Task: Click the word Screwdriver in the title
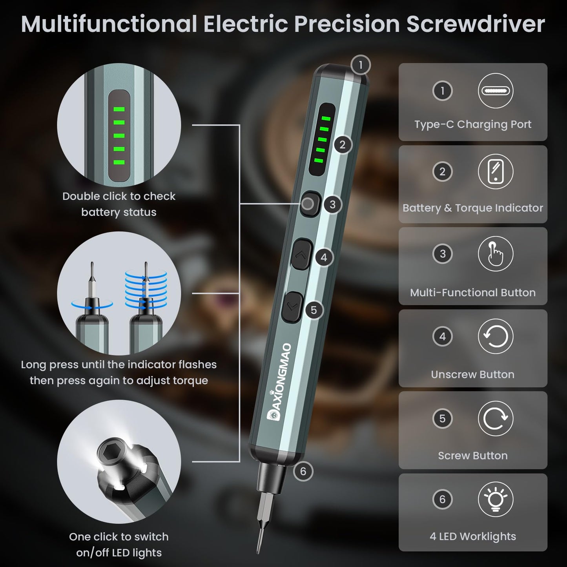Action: coord(475,24)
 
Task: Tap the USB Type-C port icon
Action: coord(495,91)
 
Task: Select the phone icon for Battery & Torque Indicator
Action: coord(495,172)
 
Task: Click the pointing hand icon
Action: coord(495,254)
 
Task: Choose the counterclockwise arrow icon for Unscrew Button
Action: coord(495,336)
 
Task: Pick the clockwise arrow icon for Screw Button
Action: coord(495,418)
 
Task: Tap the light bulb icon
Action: coord(495,500)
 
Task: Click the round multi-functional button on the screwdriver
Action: coord(308,204)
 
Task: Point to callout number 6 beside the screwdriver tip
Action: coord(303,471)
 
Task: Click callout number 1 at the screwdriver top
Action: coord(360,65)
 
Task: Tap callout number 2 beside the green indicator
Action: coord(343,145)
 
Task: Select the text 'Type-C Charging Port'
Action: coord(472,124)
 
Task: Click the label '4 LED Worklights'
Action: coord(472,536)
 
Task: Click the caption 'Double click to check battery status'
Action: coord(119,204)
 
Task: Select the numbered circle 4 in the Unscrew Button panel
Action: coord(442,336)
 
